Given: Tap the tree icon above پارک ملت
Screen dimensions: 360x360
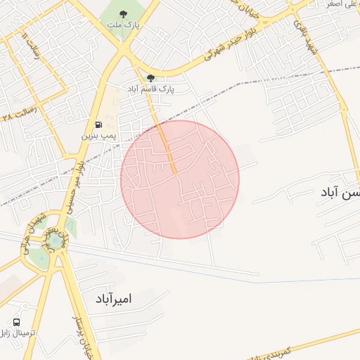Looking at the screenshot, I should click(124, 13).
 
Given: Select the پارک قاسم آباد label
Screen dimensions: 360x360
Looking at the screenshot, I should click(150, 89).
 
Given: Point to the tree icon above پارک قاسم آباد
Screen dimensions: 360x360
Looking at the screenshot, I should click(150, 78).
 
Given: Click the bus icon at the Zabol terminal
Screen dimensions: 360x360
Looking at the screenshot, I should click(16, 322).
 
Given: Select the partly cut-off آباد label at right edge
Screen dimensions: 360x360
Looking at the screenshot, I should click(339, 191).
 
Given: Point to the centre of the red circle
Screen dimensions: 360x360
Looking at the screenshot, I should click(180, 179).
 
